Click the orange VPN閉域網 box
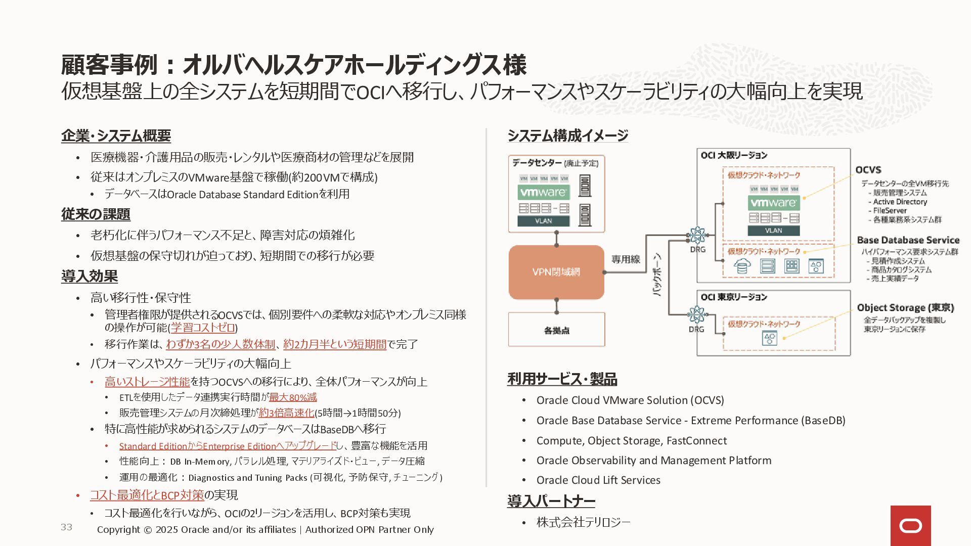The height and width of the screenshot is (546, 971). (x=556, y=272)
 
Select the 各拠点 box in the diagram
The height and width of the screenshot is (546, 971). (x=556, y=330)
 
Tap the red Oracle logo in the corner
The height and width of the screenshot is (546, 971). (x=910, y=526)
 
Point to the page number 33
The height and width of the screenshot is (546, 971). (x=66, y=527)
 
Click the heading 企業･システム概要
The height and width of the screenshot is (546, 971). (x=116, y=135)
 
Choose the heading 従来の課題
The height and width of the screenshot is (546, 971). (x=96, y=214)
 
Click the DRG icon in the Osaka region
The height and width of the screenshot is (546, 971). (x=697, y=235)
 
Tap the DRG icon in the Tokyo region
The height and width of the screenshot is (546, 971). (x=696, y=314)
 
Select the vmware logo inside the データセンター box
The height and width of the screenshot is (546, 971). (x=543, y=192)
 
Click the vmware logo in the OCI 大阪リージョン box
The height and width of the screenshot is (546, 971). (x=773, y=203)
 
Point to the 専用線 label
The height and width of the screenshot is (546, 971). (x=626, y=259)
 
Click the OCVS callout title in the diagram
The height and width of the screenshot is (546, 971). (x=868, y=170)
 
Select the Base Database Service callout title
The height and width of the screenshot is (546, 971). (x=908, y=240)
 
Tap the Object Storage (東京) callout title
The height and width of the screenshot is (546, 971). (x=905, y=307)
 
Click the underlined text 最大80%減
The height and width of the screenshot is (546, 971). (x=293, y=397)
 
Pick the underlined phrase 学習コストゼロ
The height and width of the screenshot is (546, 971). (x=203, y=328)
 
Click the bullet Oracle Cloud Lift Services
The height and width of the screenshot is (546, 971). (x=598, y=480)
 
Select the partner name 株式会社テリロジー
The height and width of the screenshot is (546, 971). (x=583, y=522)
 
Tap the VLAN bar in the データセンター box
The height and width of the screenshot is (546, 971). (x=543, y=221)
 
